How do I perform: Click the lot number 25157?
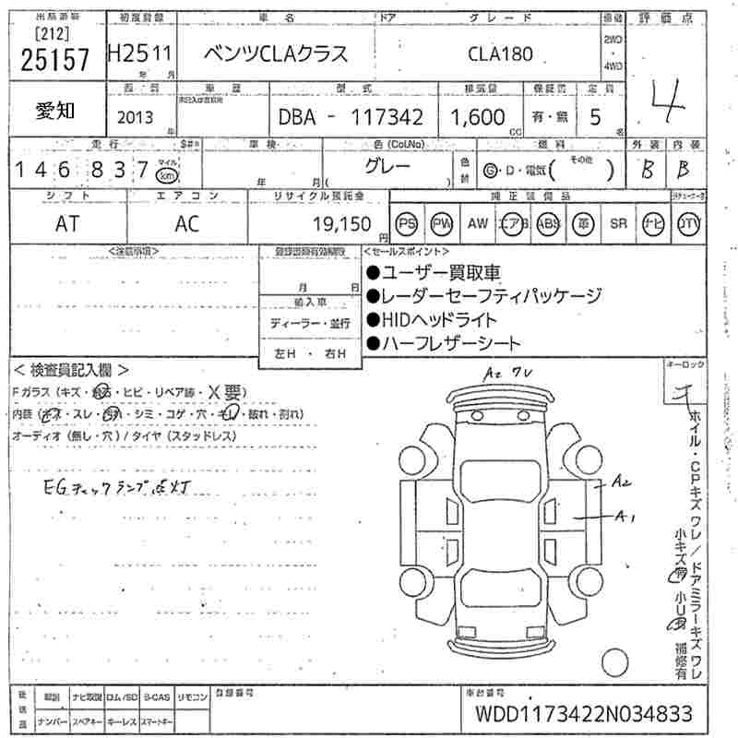point(54,60)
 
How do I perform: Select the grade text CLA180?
point(499,54)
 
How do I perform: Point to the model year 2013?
point(137,117)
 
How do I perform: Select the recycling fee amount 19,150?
point(341,223)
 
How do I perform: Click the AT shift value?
point(67,224)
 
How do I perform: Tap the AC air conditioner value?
point(187,224)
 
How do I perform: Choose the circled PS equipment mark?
point(407,223)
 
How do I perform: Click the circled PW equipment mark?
point(442,223)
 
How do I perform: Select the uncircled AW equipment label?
point(477,223)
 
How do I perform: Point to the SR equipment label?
point(618,223)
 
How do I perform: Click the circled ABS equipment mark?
point(548,223)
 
